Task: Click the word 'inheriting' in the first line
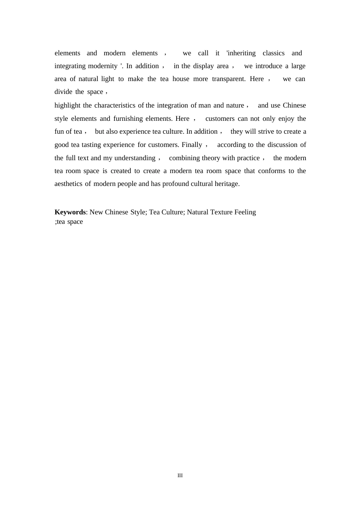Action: tap(241, 53)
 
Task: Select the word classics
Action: tap(273, 53)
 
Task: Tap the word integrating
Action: tap(70, 66)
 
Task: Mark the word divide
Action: tap(63, 92)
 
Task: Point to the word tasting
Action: tap(91, 145)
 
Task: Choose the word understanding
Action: tap(135, 158)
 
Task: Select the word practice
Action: tap(248, 158)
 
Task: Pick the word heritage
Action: tap(227, 184)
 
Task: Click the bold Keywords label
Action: tap(70, 212)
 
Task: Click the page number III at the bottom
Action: tap(180, 475)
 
